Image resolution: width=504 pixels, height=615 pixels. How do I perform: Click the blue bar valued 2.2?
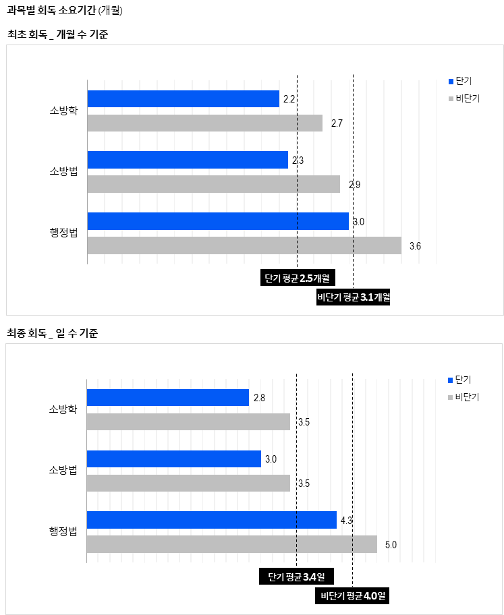(183, 98)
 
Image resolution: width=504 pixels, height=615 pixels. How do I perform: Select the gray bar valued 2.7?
(205, 123)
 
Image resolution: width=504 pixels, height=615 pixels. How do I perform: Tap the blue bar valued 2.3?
(188, 160)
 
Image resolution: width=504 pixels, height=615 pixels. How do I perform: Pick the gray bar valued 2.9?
(213, 184)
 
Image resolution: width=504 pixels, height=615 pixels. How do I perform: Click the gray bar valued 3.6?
(244, 245)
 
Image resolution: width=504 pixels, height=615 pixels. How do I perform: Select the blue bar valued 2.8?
(168, 398)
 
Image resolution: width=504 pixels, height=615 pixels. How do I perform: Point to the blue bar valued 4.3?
(212, 520)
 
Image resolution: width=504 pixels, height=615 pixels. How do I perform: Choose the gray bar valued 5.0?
(231, 544)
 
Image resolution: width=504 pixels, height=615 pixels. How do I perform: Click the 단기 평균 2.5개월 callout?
(298, 278)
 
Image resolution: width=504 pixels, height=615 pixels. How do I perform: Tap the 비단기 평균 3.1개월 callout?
(354, 297)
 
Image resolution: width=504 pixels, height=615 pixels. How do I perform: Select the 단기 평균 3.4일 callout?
(296, 577)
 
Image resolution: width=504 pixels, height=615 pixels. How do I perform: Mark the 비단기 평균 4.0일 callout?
(352, 596)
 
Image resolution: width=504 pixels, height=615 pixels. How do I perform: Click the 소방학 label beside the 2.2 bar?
(63, 111)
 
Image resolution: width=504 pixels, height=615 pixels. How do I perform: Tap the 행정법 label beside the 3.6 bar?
(63, 233)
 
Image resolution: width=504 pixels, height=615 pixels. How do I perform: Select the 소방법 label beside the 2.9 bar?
(63, 172)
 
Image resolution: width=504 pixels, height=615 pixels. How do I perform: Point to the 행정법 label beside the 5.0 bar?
(63, 531)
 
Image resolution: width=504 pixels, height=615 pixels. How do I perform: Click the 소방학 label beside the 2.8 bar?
(63, 409)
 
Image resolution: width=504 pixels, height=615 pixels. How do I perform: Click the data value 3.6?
(416, 246)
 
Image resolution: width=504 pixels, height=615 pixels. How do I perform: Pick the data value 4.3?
(347, 520)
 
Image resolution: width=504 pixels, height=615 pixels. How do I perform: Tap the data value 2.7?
(337, 123)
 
